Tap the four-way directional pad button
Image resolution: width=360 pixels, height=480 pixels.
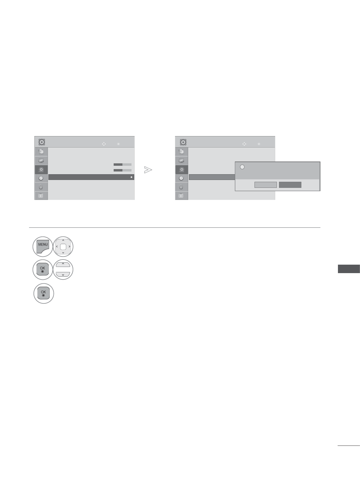[63, 247]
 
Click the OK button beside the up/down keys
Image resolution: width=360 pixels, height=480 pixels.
[43, 269]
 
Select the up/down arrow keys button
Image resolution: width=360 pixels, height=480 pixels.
[63, 269]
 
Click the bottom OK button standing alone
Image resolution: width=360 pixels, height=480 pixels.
[44, 293]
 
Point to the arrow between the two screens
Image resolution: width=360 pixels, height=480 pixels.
[148, 170]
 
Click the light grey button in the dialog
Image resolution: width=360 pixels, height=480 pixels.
[266, 185]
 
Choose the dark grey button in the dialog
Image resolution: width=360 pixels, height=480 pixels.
[290, 185]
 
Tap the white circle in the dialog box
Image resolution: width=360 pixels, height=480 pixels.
[242, 167]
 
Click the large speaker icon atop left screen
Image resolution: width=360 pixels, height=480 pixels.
[42, 142]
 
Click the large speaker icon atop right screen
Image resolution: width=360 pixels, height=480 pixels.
[183, 142]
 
